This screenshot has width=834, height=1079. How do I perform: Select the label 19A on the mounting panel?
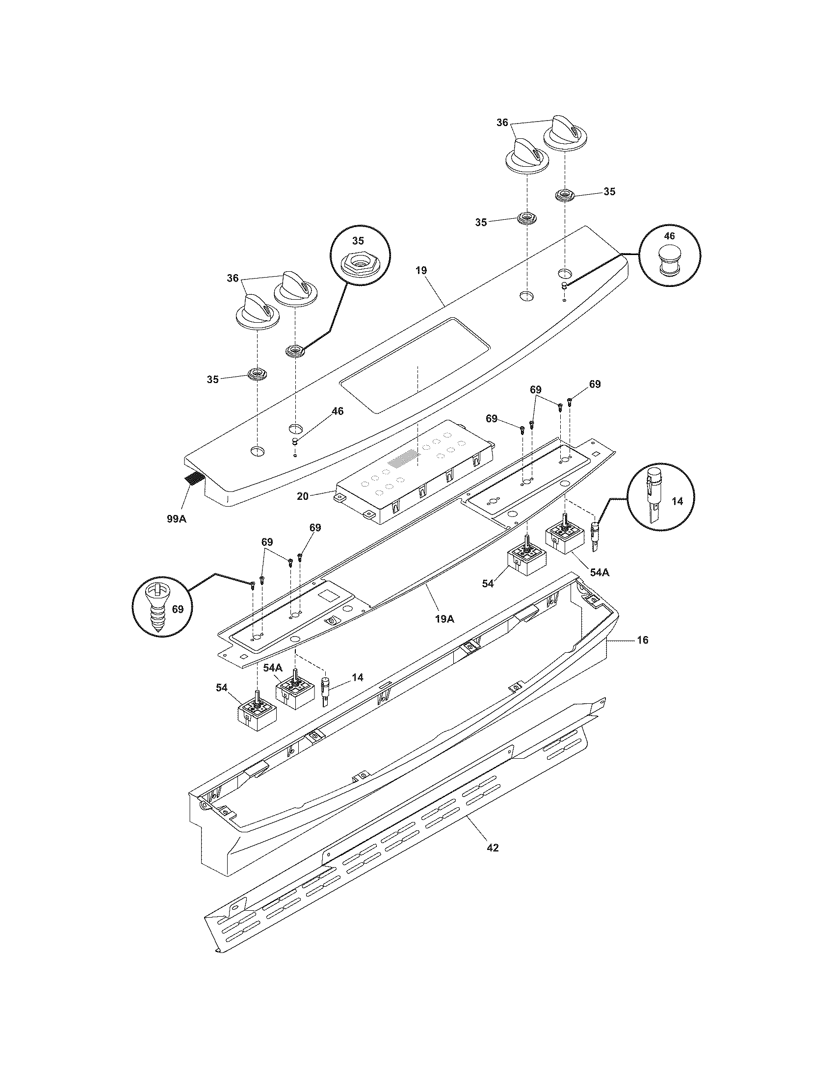(444, 618)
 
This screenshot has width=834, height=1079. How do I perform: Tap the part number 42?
(492, 848)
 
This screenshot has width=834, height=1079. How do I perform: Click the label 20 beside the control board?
(302, 496)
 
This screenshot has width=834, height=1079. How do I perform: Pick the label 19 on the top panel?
(421, 270)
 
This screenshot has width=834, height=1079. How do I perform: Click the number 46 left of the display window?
(337, 411)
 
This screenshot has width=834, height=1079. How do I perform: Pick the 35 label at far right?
(609, 191)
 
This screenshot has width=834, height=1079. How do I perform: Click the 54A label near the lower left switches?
(272, 668)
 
